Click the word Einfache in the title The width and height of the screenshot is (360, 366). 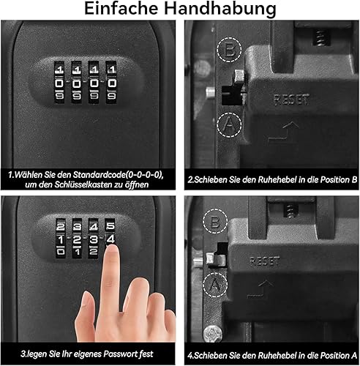[x=121, y=8]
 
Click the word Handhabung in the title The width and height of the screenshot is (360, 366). [x=220, y=10]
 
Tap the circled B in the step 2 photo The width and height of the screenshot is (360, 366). [x=229, y=50]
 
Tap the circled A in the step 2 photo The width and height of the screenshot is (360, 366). [x=229, y=124]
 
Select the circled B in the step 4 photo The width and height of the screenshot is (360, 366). [x=215, y=221]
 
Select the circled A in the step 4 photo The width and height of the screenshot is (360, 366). [x=215, y=285]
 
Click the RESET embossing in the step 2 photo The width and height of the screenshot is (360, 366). [x=292, y=100]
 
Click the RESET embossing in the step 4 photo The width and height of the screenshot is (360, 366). [x=265, y=261]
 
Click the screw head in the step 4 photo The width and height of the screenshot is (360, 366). [x=213, y=334]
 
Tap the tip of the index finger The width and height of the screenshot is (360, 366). [x=112, y=248]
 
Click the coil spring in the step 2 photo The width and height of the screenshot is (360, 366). [x=321, y=38]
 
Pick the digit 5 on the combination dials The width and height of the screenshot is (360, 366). [x=110, y=225]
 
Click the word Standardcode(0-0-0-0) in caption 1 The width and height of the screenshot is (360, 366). [x=118, y=175]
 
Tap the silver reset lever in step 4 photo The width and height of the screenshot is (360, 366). [x=216, y=259]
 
